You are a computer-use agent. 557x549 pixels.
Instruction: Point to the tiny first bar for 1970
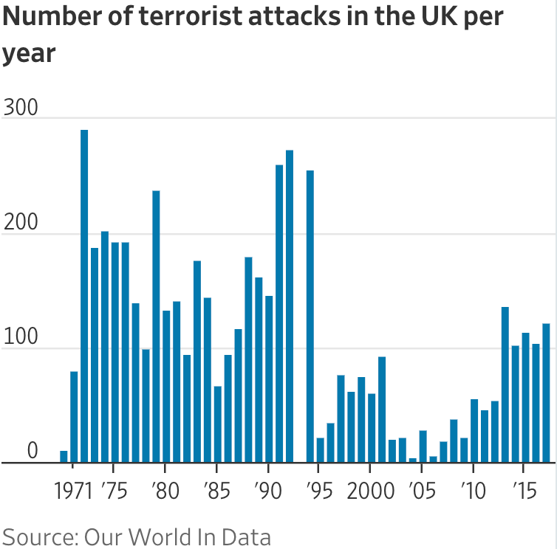(x=64, y=457)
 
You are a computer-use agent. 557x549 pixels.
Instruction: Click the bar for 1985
(x=218, y=424)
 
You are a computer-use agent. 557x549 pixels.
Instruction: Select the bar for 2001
(x=382, y=410)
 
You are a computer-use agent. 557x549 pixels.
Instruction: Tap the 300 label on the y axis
(x=20, y=107)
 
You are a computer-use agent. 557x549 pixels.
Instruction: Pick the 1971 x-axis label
(x=75, y=490)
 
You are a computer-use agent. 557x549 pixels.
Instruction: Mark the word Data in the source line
(x=246, y=536)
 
